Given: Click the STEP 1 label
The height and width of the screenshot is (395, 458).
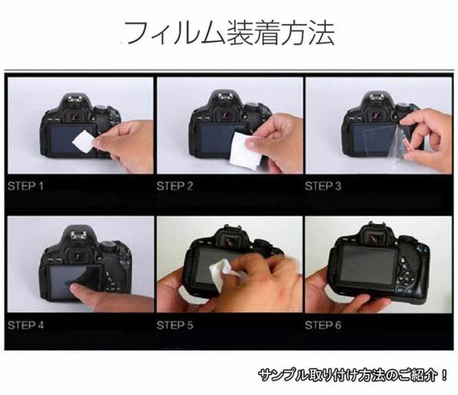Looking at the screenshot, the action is [x=26, y=186].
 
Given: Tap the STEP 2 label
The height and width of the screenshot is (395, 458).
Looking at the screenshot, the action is [x=175, y=186].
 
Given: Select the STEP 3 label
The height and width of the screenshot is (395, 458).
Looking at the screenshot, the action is [x=323, y=186].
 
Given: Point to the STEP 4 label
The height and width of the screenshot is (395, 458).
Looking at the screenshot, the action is [x=26, y=325].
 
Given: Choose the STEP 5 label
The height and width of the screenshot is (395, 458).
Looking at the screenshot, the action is [x=175, y=325].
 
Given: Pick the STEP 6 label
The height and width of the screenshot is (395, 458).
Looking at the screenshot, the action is [x=323, y=325].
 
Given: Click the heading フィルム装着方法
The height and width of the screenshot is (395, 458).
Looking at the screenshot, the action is [x=230, y=32].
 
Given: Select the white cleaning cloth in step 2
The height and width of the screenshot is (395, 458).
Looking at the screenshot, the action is [x=245, y=151].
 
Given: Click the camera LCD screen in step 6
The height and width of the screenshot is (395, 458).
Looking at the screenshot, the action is [x=369, y=266].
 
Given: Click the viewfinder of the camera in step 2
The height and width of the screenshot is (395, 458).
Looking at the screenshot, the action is [x=225, y=115].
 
